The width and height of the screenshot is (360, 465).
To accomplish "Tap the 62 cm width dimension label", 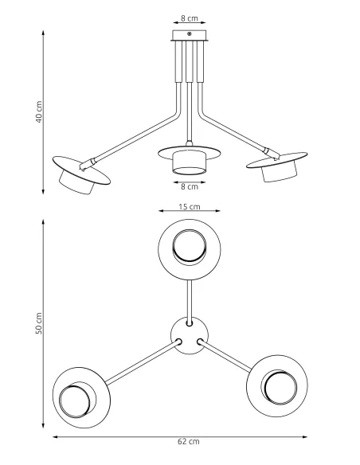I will [x=188, y=440].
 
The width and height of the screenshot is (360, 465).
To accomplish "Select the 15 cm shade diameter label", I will [x=189, y=207].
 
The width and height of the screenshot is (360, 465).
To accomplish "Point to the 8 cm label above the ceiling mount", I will [x=189, y=17].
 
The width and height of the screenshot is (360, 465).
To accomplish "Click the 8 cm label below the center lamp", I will [x=189, y=186].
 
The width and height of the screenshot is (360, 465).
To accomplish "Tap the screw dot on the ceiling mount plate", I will [x=189, y=33].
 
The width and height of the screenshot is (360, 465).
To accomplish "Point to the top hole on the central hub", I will [x=189, y=324].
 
